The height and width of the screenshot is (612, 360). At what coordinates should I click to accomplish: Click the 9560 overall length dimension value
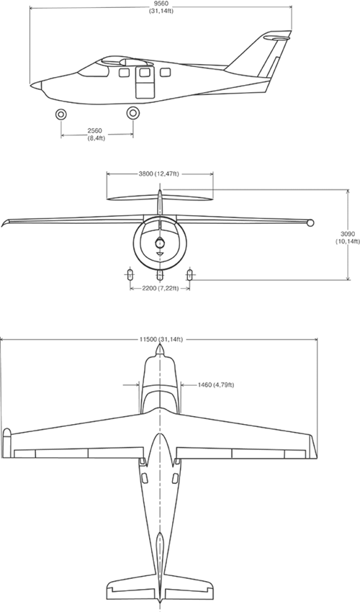(x=161, y=4)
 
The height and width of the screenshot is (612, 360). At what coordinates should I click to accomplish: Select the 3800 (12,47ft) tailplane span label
(x=159, y=174)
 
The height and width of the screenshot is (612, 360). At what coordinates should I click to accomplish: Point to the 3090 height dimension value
(x=347, y=234)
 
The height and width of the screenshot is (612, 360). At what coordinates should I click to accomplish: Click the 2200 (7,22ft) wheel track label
(x=160, y=288)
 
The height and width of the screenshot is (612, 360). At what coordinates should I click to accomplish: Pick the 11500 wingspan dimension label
(x=161, y=339)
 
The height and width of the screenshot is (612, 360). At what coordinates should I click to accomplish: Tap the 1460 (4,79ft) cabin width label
(x=216, y=385)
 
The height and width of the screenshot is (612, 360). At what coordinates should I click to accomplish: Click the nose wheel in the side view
(x=61, y=114)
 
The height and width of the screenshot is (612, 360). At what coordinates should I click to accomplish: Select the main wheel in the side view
(x=133, y=113)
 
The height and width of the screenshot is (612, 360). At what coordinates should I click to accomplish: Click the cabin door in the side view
(x=145, y=82)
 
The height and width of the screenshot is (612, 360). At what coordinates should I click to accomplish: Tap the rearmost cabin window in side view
(x=166, y=72)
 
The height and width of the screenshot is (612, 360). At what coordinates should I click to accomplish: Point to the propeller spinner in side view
(x=36, y=85)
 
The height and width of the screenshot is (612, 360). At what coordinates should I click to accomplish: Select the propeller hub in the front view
(x=160, y=243)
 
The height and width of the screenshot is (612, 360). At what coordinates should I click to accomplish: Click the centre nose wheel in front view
(x=160, y=275)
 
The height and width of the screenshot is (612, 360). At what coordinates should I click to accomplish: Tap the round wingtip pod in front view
(x=310, y=223)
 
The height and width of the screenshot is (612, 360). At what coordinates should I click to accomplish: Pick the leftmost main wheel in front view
(x=130, y=275)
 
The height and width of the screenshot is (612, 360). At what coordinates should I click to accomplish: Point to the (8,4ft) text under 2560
(x=96, y=138)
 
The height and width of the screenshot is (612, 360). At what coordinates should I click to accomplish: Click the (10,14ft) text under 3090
(x=348, y=241)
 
